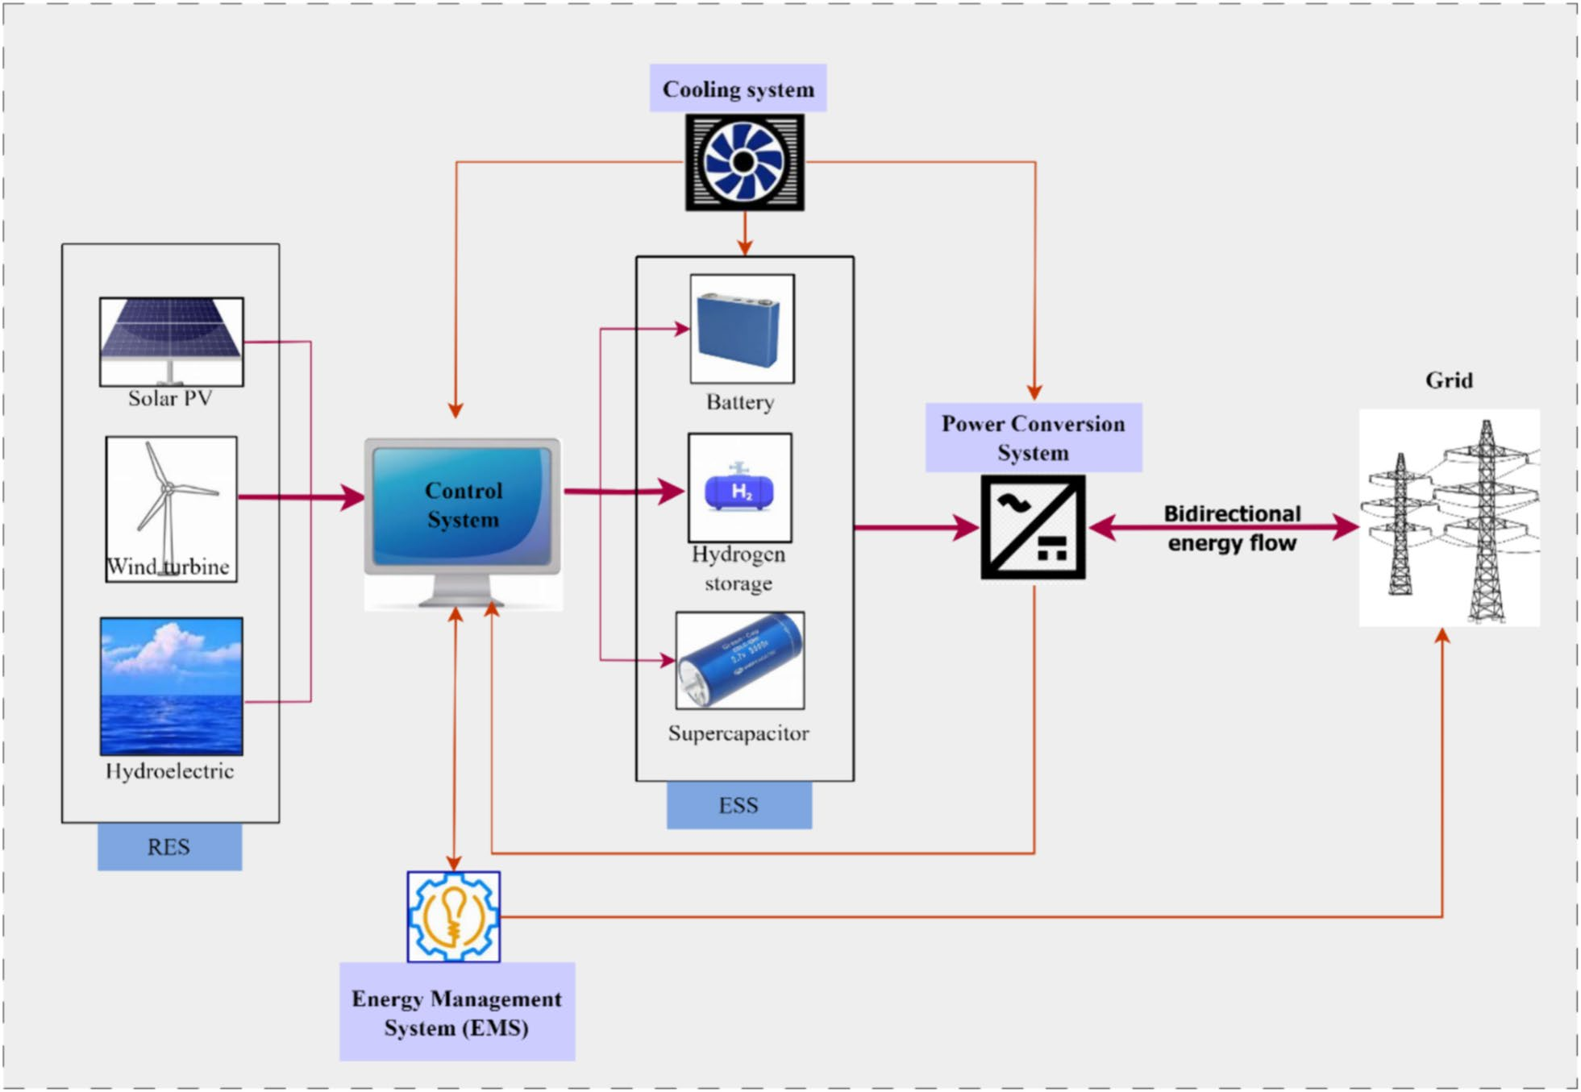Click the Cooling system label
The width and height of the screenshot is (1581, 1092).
tap(738, 89)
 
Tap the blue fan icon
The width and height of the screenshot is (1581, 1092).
tap(744, 162)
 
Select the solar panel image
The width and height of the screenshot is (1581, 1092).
tap(171, 338)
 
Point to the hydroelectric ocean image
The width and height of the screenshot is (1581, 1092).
tap(171, 686)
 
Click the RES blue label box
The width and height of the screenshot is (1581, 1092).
tap(169, 846)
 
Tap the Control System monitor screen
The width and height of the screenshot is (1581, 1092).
tap(463, 504)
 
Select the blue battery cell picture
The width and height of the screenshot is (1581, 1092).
tap(741, 329)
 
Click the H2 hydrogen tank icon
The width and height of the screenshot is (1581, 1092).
tap(739, 488)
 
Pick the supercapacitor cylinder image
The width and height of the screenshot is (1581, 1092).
tap(739, 660)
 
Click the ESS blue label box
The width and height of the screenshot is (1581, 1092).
tap(738, 805)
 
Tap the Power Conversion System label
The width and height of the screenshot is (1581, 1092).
tap(1033, 438)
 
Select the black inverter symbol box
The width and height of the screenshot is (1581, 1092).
tap(1033, 527)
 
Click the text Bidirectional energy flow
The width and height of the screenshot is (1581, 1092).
tap(1231, 528)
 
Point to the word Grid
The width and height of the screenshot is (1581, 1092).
tap(1448, 380)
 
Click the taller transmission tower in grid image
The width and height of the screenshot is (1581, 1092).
tap(1486, 524)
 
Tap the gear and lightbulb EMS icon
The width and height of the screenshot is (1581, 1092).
tap(453, 916)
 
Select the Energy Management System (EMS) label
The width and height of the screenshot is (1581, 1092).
tap(456, 1012)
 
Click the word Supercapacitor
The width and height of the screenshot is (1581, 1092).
tap(738, 733)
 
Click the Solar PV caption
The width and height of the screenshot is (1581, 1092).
tap(170, 398)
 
